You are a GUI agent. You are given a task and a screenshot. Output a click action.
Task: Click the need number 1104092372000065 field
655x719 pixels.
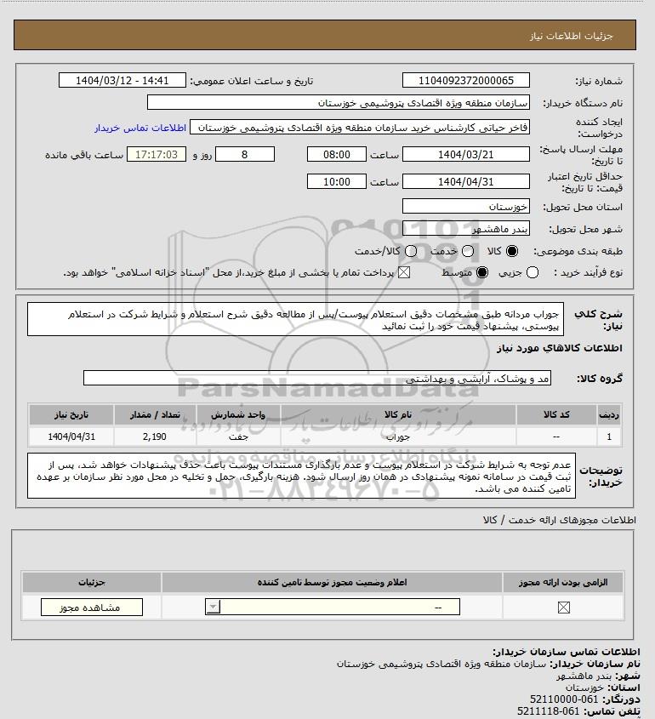(x=465, y=81)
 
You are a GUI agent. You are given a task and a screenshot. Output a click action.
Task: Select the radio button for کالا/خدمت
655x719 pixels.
(x=412, y=252)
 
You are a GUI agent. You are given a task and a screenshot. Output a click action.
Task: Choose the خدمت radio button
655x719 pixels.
(x=465, y=252)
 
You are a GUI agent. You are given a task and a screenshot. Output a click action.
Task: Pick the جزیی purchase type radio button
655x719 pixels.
(x=533, y=272)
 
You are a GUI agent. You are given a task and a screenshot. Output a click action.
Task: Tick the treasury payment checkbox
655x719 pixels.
(x=403, y=272)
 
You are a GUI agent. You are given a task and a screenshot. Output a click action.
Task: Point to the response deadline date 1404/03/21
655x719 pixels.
(x=465, y=155)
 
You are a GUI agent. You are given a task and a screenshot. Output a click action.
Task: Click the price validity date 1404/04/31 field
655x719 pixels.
(x=465, y=181)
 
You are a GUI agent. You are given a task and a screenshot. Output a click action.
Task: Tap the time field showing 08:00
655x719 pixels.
(x=336, y=155)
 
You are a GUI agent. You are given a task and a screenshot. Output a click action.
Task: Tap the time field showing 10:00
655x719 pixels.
(x=336, y=181)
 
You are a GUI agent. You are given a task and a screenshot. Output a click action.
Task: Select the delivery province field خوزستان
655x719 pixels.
(x=465, y=207)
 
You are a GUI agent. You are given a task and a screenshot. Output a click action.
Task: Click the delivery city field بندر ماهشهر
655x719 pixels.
(x=465, y=230)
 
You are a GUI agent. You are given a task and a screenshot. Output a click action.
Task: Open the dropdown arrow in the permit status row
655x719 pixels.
(x=213, y=607)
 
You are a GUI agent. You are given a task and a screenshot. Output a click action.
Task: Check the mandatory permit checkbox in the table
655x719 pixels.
(x=562, y=607)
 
